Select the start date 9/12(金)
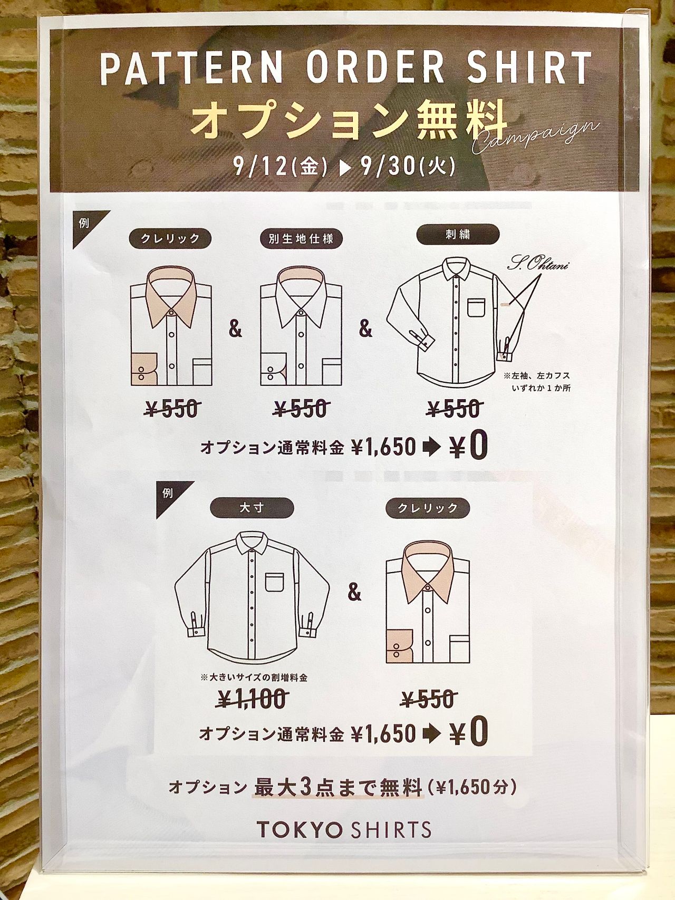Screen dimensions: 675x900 [280, 167]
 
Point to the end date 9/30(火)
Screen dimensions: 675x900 [408, 167]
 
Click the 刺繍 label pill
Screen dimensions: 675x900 [458, 234]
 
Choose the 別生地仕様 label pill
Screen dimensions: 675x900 [301, 239]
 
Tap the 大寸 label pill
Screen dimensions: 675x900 [252, 508]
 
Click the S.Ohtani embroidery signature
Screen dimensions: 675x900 [538, 264]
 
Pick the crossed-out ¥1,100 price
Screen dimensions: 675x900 [253, 700]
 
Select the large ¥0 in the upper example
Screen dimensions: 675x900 [469, 446]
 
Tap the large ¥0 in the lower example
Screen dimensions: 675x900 [469, 732]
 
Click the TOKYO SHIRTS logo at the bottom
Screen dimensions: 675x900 [344, 829]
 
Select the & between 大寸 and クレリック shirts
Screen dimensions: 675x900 [354, 593]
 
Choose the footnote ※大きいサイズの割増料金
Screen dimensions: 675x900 [254, 678]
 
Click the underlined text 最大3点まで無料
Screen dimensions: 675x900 [338, 788]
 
